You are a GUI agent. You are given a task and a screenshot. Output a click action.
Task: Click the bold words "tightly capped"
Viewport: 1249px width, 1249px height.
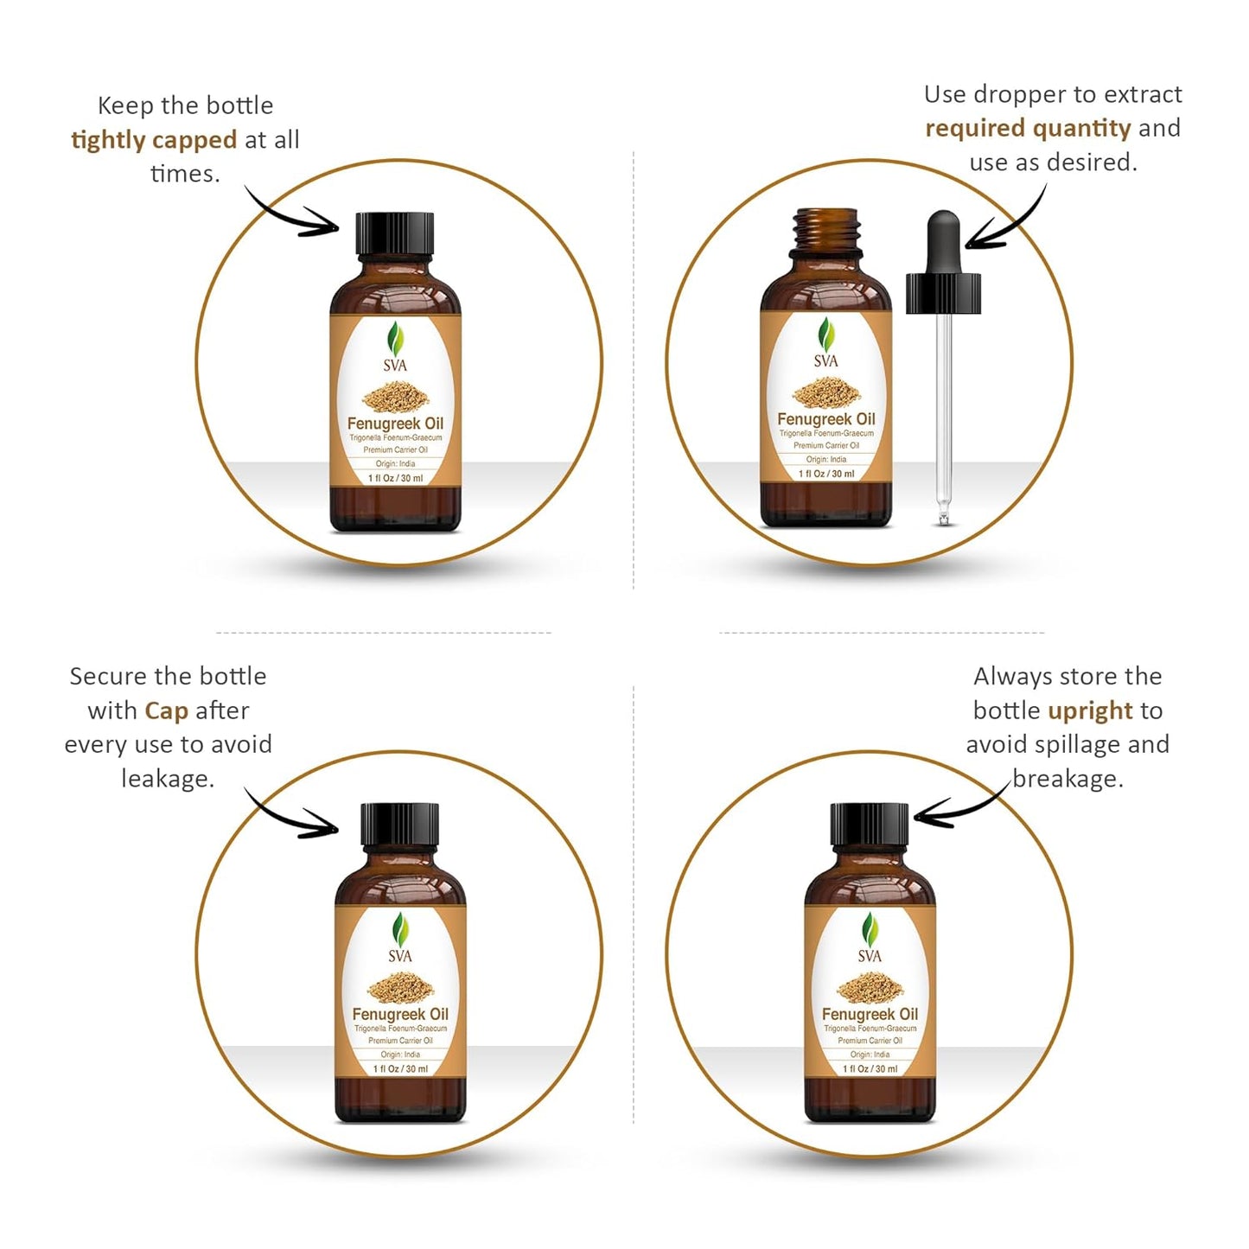pos(154,140)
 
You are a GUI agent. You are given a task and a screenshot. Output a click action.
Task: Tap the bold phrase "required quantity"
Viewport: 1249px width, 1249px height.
pos(1028,129)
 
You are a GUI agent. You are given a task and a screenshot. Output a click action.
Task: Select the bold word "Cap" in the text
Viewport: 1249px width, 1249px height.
pos(166,711)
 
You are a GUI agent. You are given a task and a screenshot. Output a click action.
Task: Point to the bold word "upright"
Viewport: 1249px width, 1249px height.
pos(1090,711)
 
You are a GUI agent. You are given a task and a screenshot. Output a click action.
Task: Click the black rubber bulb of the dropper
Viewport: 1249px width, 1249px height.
pos(943,242)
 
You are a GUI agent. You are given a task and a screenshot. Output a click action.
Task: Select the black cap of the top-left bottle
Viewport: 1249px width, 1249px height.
pos(394,233)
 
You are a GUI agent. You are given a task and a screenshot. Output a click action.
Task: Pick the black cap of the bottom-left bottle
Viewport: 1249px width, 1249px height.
pos(400,825)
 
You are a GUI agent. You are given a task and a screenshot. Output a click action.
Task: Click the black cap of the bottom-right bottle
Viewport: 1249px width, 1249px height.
pos(870,825)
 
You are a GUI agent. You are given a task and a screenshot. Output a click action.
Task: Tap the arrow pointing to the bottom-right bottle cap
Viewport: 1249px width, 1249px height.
pos(959,806)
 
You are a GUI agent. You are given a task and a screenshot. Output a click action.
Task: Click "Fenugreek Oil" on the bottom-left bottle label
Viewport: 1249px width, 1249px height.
pos(400,1014)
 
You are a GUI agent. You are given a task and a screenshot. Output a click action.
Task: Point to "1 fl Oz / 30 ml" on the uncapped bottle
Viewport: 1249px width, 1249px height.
pos(826,474)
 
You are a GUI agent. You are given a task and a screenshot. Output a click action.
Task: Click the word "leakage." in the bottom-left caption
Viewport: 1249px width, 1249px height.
pos(168,779)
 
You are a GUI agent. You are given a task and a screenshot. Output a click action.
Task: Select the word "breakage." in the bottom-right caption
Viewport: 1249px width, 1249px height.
pos(1067,779)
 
